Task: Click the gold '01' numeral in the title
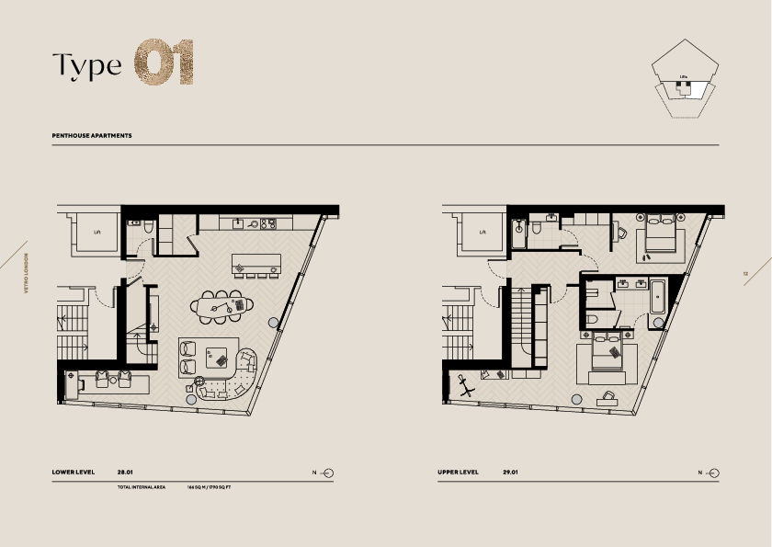pyautogui.click(x=165, y=63)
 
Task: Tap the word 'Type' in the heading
pyautogui.click(x=86, y=66)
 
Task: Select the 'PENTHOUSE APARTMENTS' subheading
pyautogui.click(x=92, y=135)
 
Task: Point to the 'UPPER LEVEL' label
pyautogui.click(x=459, y=473)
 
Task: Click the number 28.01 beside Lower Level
pyautogui.click(x=126, y=473)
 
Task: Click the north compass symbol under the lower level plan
pyautogui.click(x=328, y=473)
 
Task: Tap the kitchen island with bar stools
pyautogui.click(x=255, y=262)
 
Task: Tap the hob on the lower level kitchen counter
pyautogui.click(x=267, y=222)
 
